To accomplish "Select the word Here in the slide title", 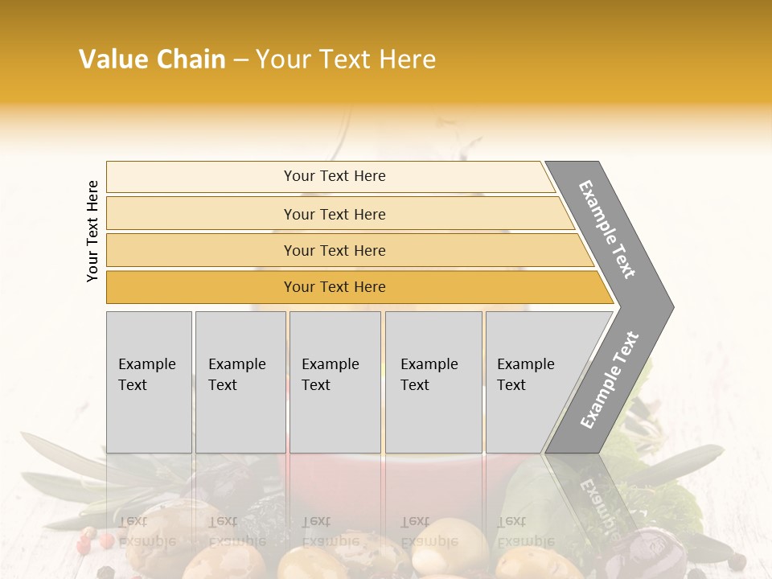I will [408, 60].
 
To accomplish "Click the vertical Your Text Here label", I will [92, 231].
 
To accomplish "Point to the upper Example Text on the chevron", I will [607, 229].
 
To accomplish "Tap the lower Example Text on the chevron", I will [609, 380].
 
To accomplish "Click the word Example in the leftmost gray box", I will [146, 364].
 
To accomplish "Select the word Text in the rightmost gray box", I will [511, 385].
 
